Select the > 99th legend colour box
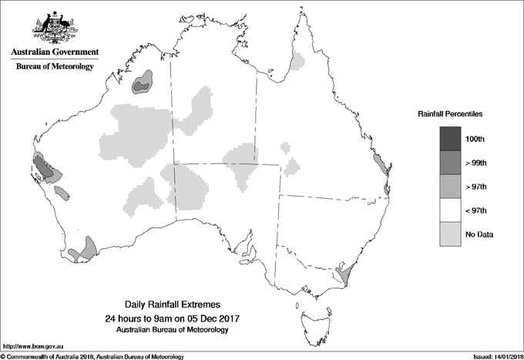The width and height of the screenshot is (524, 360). [452, 163]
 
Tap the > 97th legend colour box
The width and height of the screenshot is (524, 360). [452, 187]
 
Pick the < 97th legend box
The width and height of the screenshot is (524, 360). [452, 210]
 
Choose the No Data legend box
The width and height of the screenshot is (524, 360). [452, 234]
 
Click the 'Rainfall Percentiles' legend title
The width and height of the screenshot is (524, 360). [450, 114]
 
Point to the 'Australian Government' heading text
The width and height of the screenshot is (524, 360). [55, 52]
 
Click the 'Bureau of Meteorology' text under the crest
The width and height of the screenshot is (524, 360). [55, 67]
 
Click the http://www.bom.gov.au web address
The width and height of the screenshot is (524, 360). [34, 346]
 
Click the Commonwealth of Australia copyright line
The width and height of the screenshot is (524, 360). [92, 356]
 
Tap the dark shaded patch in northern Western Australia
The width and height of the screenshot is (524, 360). [143, 83]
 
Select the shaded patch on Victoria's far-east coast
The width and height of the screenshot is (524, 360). [344, 272]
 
